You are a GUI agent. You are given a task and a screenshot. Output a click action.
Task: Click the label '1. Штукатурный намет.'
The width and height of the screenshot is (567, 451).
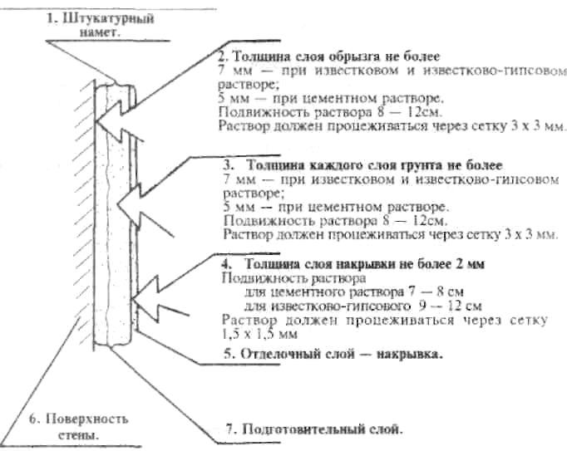pos(100,25)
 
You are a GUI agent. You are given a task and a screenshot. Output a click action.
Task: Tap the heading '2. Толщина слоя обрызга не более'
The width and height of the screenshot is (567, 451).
pos(329,56)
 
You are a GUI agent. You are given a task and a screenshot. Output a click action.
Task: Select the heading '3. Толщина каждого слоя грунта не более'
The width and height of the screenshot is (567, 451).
pos(362,165)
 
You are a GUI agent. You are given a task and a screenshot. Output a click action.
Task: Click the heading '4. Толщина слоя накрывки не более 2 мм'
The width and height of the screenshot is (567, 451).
pos(353,264)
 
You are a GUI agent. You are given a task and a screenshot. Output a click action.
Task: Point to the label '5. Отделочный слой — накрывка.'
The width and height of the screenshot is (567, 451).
pos(333,354)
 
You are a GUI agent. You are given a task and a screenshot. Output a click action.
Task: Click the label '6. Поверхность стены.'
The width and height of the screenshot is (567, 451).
pos(78,426)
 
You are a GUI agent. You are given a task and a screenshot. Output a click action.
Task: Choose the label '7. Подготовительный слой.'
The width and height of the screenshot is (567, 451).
pos(314,429)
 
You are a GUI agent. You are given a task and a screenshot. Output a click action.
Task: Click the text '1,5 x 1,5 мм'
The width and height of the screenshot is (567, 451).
pos(259,334)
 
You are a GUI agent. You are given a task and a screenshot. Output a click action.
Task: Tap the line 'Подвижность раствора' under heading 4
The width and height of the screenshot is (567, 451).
pos(293,278)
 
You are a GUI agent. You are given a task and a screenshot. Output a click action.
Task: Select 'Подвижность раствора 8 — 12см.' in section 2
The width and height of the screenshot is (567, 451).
pos(330,112)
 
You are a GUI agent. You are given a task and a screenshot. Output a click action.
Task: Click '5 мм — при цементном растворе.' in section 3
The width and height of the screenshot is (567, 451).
pos(336,207)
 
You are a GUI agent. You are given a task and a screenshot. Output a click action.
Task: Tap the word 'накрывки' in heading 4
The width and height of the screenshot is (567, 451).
pos(366,264)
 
